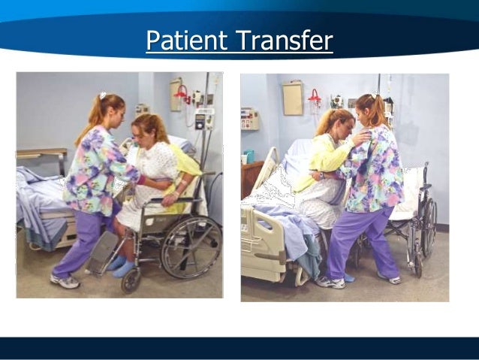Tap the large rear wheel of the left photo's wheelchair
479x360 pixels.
tap(191, 248)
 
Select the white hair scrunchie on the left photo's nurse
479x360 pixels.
tap(102, 96)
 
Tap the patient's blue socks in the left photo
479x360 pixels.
tap(120, 264)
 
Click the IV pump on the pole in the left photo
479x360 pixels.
tap(203, 119)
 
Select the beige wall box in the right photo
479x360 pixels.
tap(292, 97)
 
